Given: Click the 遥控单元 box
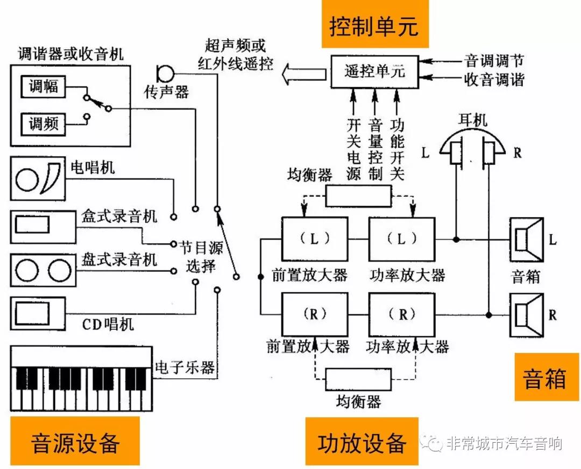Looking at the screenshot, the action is click(374, 72).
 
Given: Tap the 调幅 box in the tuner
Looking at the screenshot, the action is click(43, 86).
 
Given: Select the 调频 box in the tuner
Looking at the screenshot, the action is click(43, 124).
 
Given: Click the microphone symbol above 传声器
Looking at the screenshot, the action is click(165, 73).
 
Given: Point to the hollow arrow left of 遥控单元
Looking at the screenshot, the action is click(304, 74).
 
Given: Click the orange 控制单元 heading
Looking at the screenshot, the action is click(374, 24).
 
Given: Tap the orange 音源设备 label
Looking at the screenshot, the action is click(75, 441).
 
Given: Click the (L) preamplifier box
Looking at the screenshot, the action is click(315, 239).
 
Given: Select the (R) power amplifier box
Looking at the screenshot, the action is click(402, 315).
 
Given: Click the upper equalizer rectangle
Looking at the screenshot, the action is click(358, 196).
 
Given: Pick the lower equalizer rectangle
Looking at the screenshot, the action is click(358, 379).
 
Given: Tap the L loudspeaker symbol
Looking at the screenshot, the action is click(527, 240).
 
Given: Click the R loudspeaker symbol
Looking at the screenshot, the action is click(527, 315).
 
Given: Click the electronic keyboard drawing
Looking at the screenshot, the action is click(82, 378).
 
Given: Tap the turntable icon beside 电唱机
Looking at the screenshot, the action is click(38, 178).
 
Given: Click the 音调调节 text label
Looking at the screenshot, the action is click(494, 61).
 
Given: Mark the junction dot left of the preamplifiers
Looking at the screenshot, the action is click(261, 277).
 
